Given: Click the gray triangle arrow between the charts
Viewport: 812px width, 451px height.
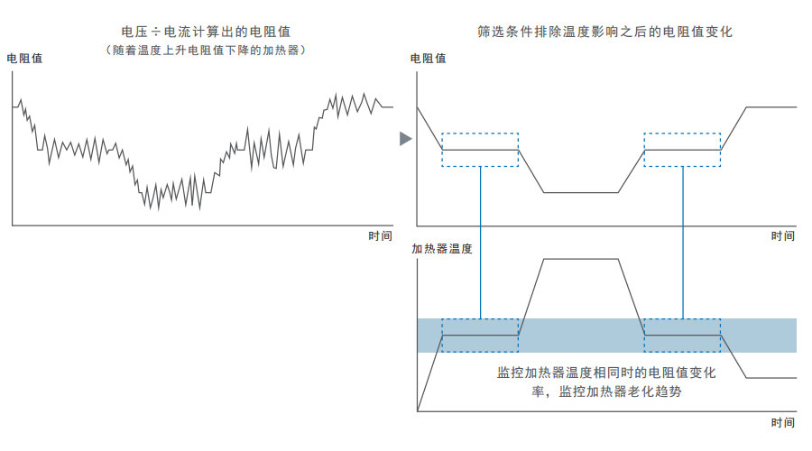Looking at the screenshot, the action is (x=405, y=139).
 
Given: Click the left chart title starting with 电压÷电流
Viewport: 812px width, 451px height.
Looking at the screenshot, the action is (x=206, y=32).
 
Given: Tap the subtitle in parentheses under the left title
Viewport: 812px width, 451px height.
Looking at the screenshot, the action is (x=206, y=51).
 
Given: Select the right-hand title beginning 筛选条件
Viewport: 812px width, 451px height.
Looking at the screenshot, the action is (x=604, y=32).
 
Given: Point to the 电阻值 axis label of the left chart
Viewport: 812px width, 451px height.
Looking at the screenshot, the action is (x=24, y=59).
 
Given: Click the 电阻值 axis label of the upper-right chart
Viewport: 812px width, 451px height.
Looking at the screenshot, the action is (x=428, y=59).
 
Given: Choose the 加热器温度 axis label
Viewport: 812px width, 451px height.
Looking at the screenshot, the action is (x=442, y=249).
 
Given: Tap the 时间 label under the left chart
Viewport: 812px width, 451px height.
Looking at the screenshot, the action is (x=380, y=236).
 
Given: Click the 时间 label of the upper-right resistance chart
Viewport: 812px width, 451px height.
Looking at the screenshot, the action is (x=782, y=236).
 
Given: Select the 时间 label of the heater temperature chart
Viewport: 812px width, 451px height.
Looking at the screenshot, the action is (x=782, y=423).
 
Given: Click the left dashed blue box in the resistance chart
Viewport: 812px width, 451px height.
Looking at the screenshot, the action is (x=480, y=150).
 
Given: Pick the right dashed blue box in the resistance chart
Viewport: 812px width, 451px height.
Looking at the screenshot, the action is (x=683, y=150).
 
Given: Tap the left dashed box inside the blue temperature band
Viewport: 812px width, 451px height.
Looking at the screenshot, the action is (x=480, y=336).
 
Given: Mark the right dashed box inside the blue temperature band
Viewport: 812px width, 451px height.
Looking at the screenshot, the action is (x=683, y=336).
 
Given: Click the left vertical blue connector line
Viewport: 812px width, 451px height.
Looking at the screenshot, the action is (x=481, y=243).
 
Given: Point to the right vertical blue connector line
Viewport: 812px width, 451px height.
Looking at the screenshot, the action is (x=683, y=243).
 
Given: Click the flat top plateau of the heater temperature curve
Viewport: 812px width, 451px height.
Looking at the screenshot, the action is (x=580, y=259).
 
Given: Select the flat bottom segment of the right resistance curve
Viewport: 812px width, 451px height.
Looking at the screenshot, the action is (x=580, y=193).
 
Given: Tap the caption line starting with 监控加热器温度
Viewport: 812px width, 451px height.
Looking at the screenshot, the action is (x=606, y=373).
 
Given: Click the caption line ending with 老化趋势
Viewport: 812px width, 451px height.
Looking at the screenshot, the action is (x=606, y=391).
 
